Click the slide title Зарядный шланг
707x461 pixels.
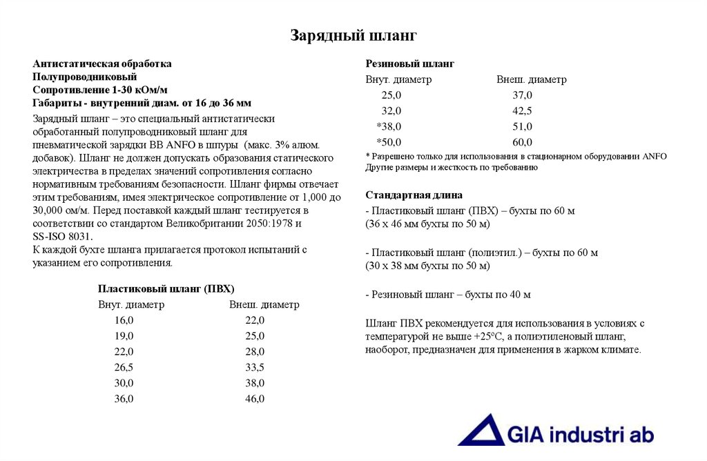(353, 35)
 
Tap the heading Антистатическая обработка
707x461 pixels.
(102, 63)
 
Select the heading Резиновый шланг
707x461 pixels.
(409, 63)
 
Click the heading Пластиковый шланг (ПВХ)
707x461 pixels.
(171, 288)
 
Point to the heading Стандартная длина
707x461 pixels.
(414, 195)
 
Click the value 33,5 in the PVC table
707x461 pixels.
(255, 367)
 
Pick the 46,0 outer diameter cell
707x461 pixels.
(255, 399)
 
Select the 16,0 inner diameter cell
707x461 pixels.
(124, 320)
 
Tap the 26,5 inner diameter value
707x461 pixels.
(124, 367)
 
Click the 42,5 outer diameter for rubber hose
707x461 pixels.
(522, 111)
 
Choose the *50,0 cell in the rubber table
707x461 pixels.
(389, 143)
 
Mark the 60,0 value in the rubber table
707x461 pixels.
(522, 143)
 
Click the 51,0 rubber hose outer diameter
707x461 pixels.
(522, 127)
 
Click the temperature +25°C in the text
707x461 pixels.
(489, 336)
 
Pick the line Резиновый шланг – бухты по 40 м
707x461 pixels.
(448, 295)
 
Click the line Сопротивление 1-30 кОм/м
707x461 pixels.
(100, 90)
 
